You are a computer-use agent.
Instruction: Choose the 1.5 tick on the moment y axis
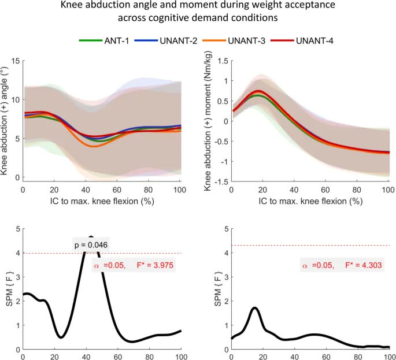(221, 60)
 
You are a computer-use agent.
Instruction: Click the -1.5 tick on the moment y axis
(220, 182)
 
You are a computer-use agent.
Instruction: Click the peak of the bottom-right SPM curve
(254, 308)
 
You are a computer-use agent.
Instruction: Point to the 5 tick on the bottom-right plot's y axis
(225, 229)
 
